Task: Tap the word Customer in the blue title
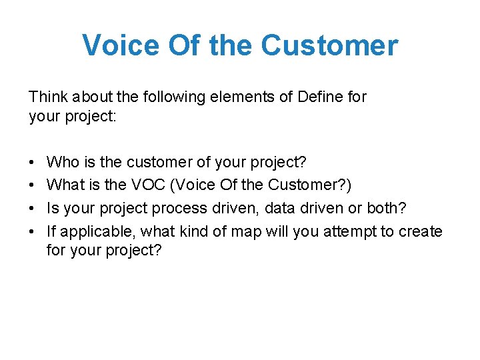tap(329, 45)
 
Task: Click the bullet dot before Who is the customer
tap(32, 163)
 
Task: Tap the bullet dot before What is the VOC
tap(32, 186)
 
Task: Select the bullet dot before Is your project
tap(32, 209)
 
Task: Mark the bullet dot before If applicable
tap(32, 232)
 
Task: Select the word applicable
tap(91, 232)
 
